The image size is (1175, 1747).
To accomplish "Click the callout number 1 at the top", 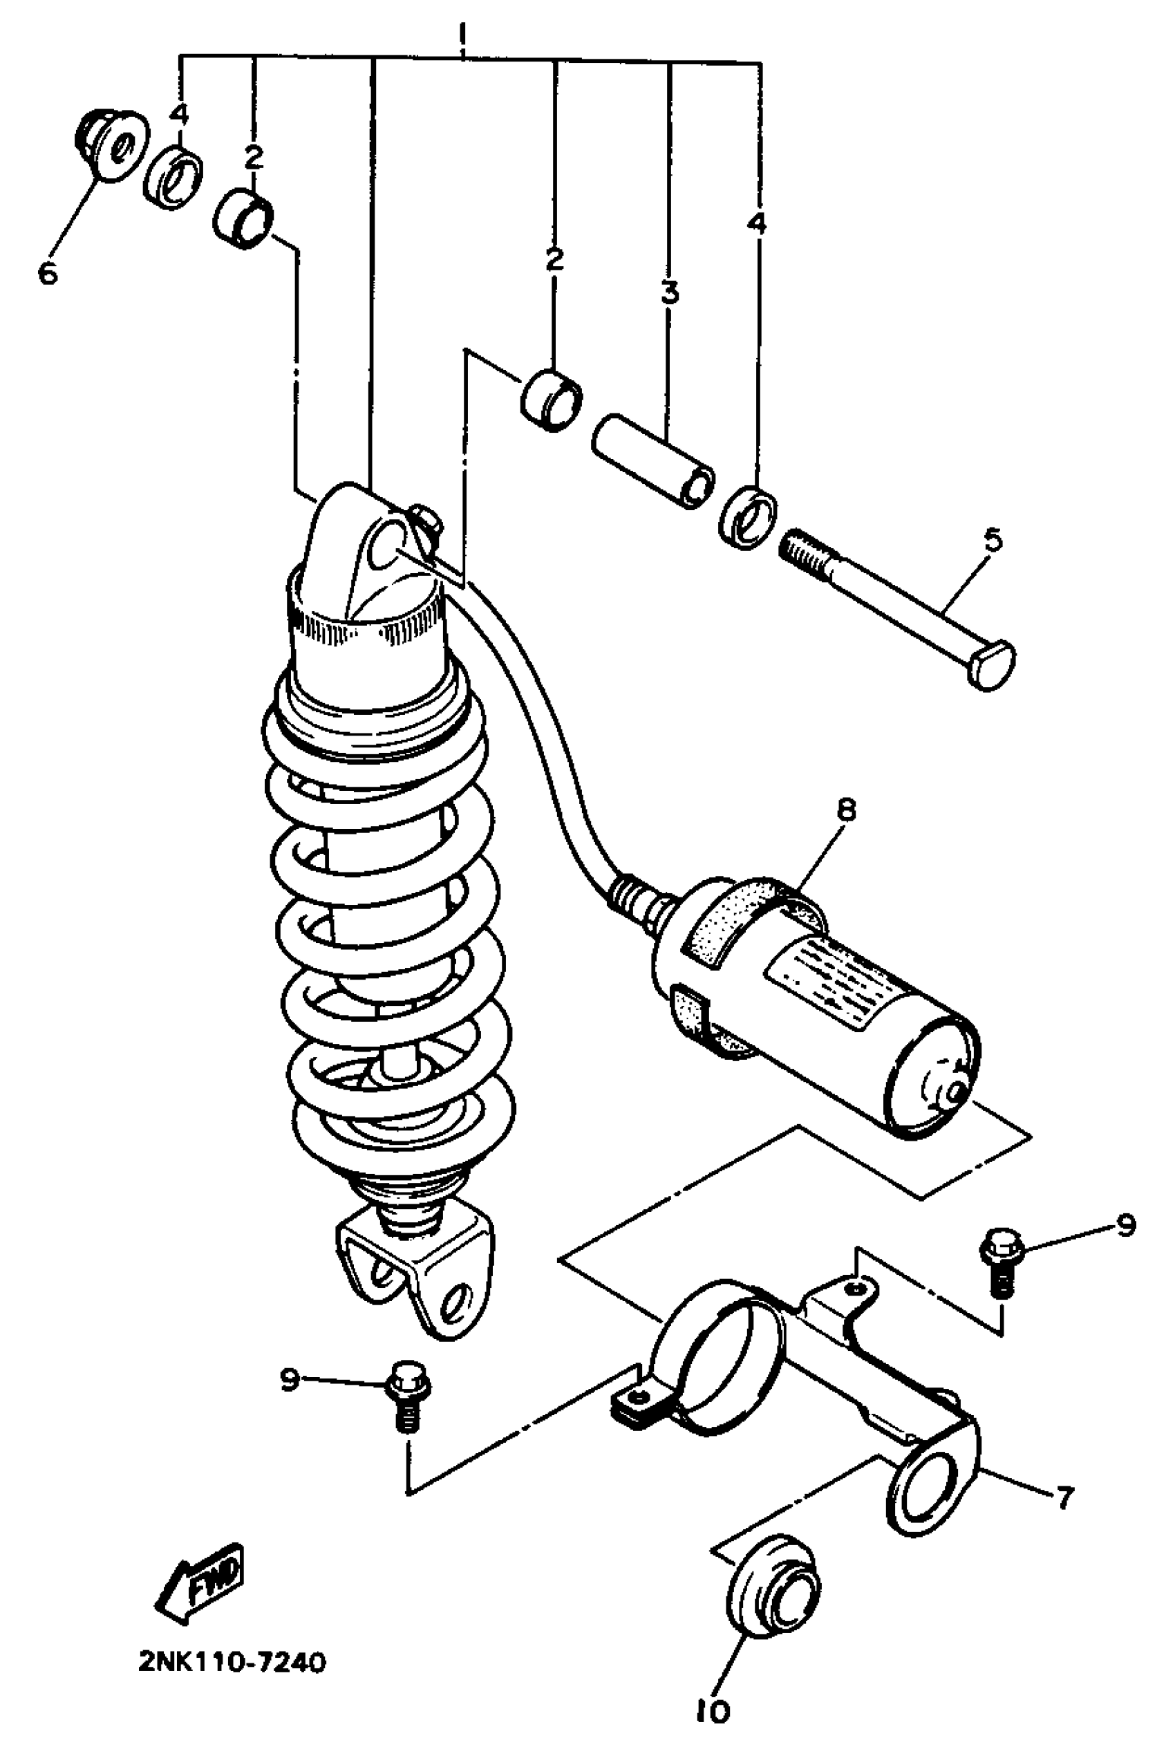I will (x=462, y=35).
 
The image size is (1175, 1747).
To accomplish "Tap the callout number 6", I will (x=47, y=274).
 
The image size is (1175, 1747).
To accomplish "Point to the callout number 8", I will (x=846, y=811).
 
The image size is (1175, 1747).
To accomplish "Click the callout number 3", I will (x=669, y=292).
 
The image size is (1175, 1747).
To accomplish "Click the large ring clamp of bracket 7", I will (x=717, y=1347).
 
